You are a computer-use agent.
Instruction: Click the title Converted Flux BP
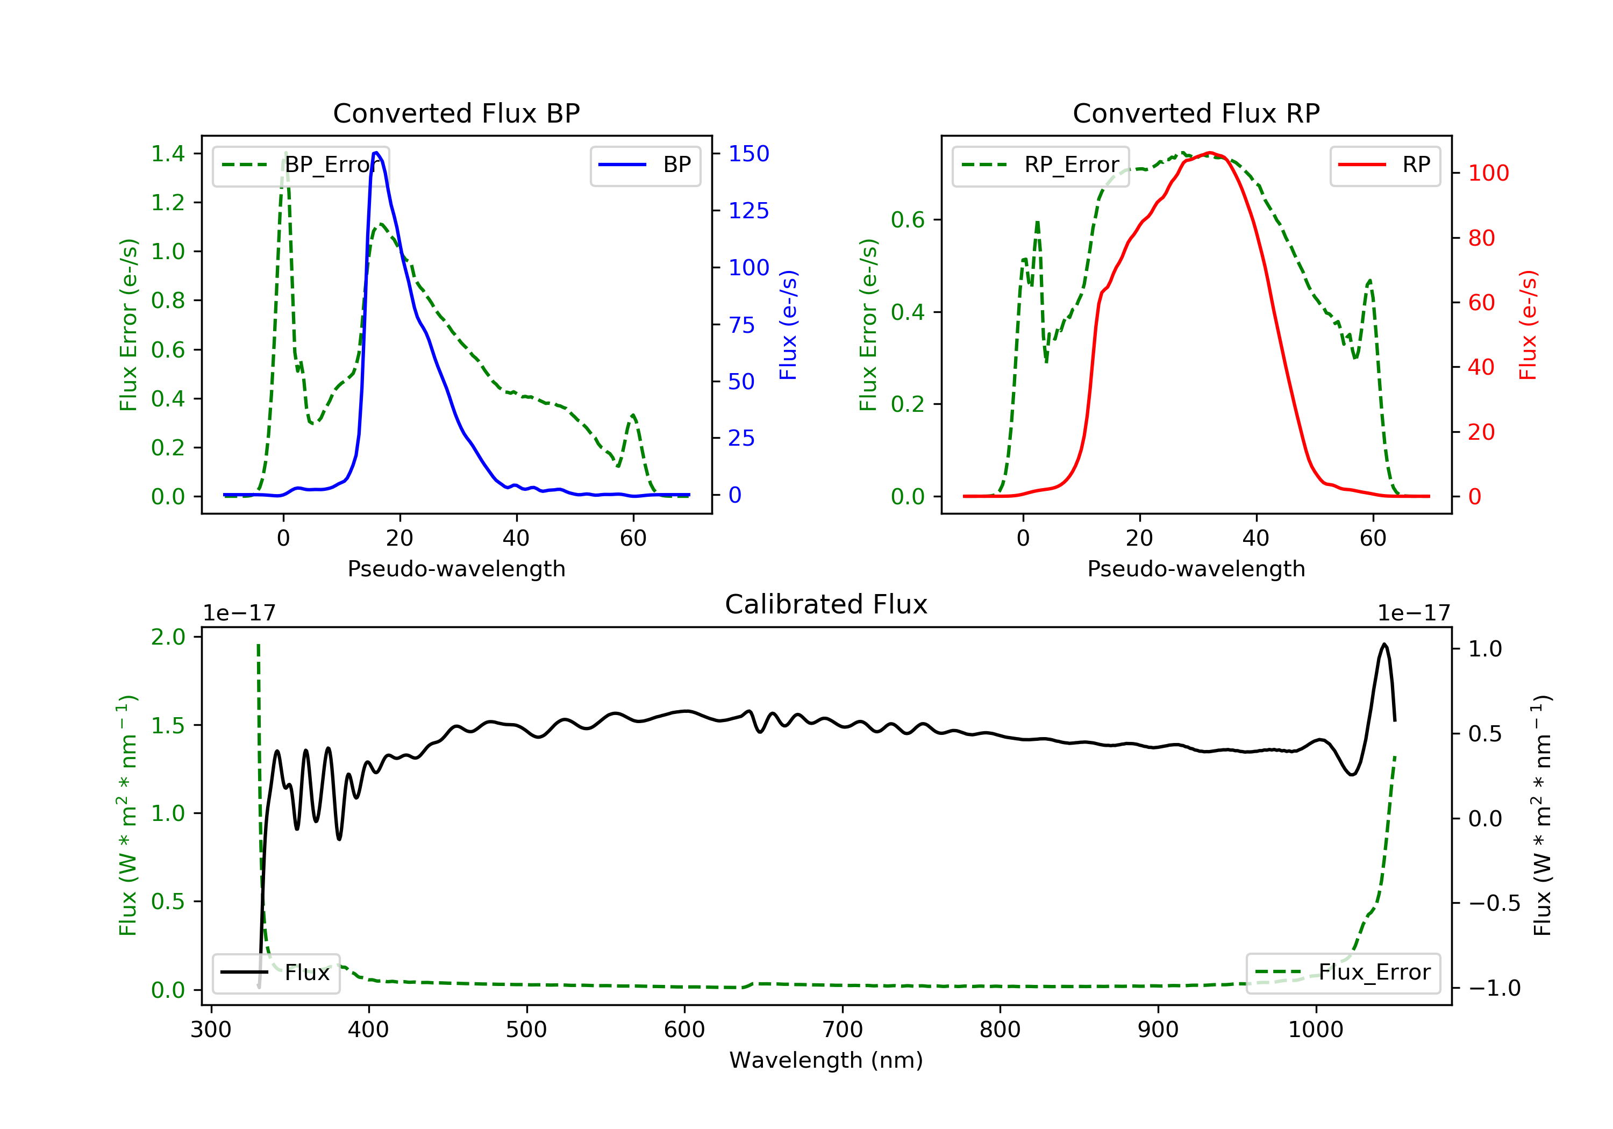[x=456, y=113]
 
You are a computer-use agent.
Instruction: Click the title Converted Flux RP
[x=1196, y=113]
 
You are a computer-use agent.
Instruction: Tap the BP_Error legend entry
[x=301, y=165]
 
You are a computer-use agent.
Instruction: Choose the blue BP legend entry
[x=645, y=165]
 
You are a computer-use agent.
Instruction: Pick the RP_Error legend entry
[x=1040, y=165]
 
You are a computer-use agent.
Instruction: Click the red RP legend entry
[x=1384, y=165]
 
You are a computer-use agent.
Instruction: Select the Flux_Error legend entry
[x=1343, y=973]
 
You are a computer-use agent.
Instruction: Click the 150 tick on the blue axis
[x=748, y=154]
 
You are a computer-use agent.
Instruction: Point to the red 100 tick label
[x=1488, y=174]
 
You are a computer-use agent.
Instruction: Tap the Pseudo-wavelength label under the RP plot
[x=1196, y=569]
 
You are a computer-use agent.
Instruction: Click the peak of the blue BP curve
[x=376, y=153]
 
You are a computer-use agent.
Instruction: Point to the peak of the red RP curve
[x=1210, y=153]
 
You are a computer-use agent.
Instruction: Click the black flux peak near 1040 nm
[x=1384, y=644]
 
